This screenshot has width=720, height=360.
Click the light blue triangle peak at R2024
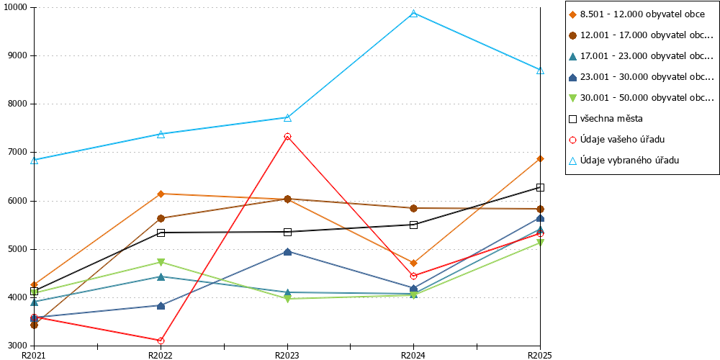click(x=414, y=13)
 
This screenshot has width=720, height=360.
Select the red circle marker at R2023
click(x=287, y=136)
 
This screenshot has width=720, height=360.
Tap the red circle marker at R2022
click(x=161, y=341)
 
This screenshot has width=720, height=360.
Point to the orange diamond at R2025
click(x=541, y=159)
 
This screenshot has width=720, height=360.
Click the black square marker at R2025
click(x=541, y=187)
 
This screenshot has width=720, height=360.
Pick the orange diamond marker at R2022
click(x=161, y=194)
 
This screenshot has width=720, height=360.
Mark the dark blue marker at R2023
click(x=287, y=251)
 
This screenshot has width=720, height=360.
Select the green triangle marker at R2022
click(x=161, y=262)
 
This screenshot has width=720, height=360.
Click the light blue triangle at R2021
click(x=35, y=161)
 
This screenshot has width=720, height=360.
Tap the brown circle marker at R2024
click(x=414, y=208)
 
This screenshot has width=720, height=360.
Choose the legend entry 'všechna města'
click(x=606, y=119)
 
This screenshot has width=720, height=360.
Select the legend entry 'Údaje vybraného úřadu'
click(x=624, y=161)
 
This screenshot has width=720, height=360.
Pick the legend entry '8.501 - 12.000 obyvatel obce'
click(x=636, y=14)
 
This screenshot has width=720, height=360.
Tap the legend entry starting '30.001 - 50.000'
click(x=642, y=98)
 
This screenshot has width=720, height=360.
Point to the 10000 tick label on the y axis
click(x=17, y=8)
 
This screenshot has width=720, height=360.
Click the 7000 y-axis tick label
click(x=19, y=153)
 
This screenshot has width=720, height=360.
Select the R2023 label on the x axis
click(x=287, y=355)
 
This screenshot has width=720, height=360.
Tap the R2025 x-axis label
click(x=539, y=355)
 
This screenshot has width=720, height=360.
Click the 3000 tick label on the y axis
click(x=19, y=346)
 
